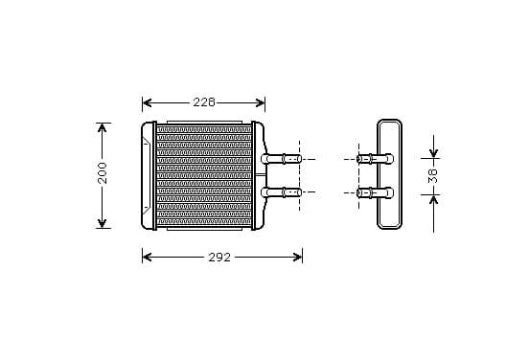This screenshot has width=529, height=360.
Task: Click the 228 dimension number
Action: point(204,102)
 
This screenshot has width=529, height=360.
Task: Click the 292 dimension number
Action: point(219,258)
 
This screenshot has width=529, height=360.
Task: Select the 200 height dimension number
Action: point(102,173)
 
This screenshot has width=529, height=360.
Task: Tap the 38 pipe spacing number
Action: point(432,175)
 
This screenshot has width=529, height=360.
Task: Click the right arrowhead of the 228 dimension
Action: point(260,102)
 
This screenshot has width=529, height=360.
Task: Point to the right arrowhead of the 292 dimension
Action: point(297,258)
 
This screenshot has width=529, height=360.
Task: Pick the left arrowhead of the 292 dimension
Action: point(147,258)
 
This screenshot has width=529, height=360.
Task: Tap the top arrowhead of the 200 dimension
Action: point(102,127)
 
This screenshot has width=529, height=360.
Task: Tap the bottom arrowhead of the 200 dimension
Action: point(102,223)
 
